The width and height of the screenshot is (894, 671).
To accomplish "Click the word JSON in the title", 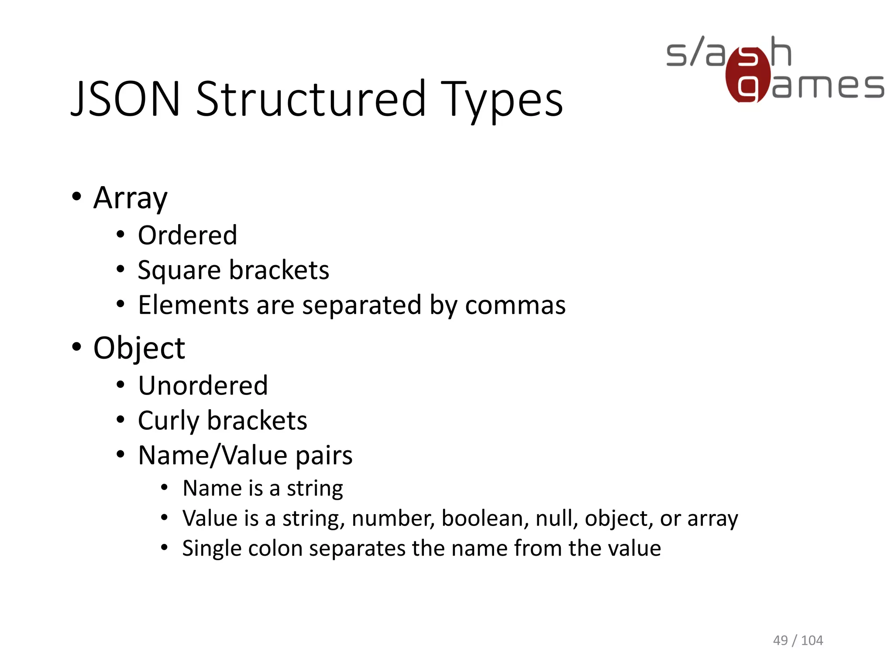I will pyautogui.click(x=125, y=100).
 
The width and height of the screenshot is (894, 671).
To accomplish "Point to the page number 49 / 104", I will pyautogui.click(x=798, y=640).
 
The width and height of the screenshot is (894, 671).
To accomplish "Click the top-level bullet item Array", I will pyautogui.click(x=130, y=198).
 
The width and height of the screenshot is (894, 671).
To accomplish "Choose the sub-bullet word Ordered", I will pyautogui.click(x=187, y=235).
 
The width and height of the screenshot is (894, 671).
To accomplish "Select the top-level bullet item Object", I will pyautogui.click(x=139, y=348).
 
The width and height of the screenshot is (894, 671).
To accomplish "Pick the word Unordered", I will pyautogui.click(x=203, y=386).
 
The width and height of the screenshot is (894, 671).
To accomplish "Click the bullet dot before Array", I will pyautogui.click(x=77, y=197).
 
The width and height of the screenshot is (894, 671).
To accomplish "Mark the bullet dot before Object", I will pyautogui.click(x=77, y=347).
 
